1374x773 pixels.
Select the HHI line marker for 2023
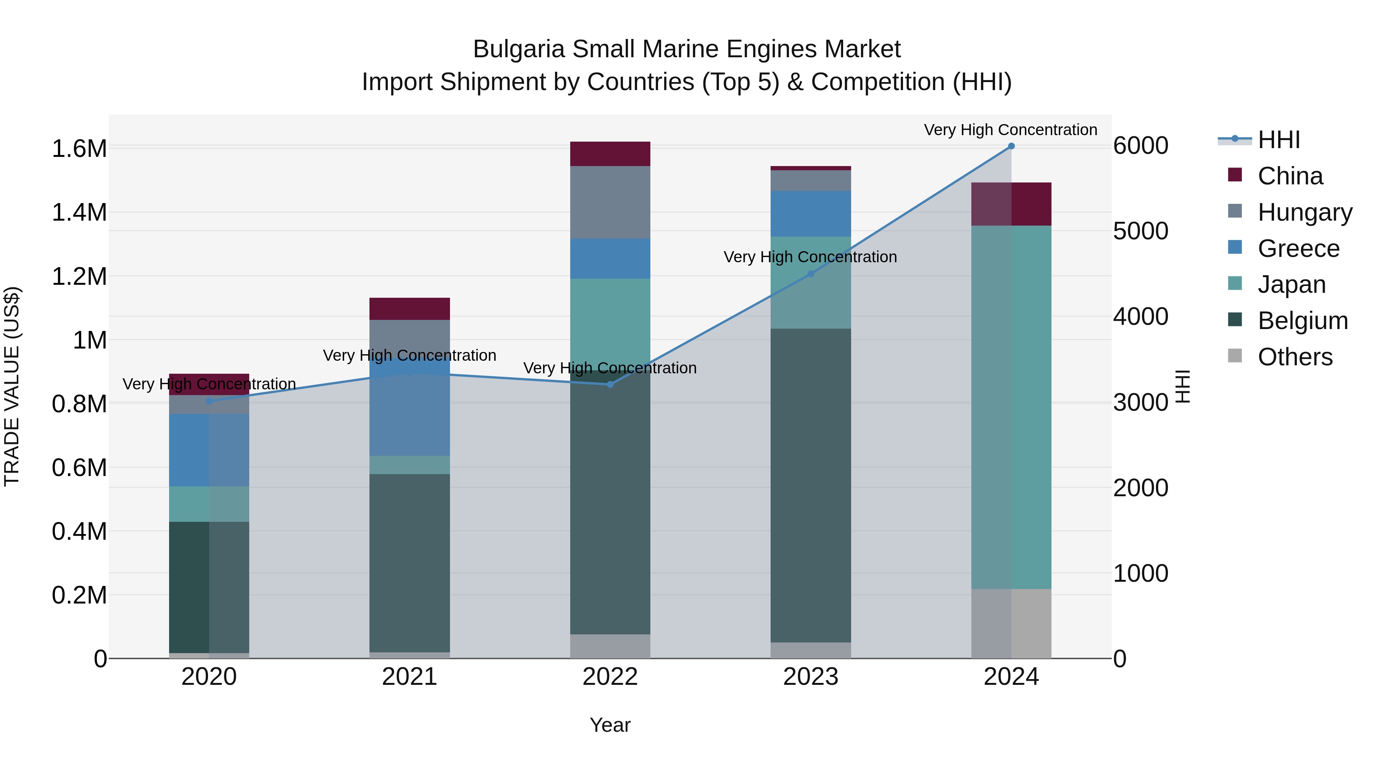811,274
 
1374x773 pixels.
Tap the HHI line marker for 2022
610,384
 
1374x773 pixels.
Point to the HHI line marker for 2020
209,401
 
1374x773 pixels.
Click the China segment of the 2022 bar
610,153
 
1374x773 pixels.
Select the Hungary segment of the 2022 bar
610,202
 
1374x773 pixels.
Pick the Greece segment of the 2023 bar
811,213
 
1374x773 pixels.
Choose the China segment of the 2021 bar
410,308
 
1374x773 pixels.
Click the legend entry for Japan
1291,284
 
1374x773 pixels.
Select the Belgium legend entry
1301,321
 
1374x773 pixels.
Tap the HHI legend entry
1278,140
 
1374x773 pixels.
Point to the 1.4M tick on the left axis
79,212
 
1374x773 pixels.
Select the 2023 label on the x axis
811,677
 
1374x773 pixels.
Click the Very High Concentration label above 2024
1010,130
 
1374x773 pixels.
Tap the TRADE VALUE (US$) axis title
12,386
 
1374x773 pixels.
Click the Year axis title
610,725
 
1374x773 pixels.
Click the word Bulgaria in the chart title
518,49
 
